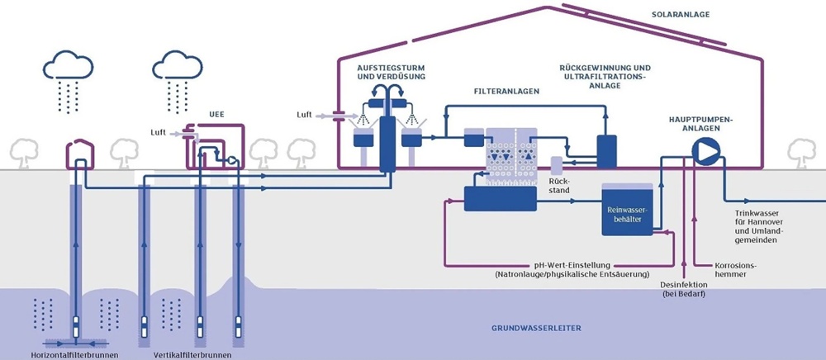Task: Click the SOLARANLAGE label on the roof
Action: click(x=681, y=15)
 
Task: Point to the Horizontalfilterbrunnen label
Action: click(x=79, y=355)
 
